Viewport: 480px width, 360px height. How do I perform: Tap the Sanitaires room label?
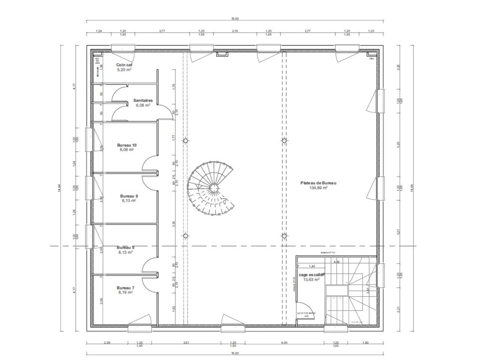tap(142, 100)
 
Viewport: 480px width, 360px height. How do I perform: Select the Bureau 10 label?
tap(127, 145)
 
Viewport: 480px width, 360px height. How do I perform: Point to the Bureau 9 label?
tap(129, 196)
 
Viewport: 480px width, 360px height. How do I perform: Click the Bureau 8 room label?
tap(125, 247)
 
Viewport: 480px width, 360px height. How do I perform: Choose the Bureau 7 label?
tap(125, 287)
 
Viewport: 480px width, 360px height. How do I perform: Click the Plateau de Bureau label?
tap(318, 183)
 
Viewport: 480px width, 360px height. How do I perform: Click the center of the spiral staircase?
tap(213, 187)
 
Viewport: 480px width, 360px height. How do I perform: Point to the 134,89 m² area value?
tap(318, 188)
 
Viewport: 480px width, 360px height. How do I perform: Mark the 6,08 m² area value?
tap(143, 105)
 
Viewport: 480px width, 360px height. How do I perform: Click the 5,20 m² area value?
tap(124, 70)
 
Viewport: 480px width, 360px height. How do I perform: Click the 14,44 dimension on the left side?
tap(59, 188)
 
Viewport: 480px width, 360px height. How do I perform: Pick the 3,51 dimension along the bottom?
tap(186, 342)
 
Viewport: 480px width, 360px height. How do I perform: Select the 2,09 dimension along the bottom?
tap(107, 342)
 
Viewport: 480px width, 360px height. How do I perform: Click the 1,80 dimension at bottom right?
tap(366, 342)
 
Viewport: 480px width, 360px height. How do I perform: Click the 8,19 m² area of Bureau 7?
tap(125, 292)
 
